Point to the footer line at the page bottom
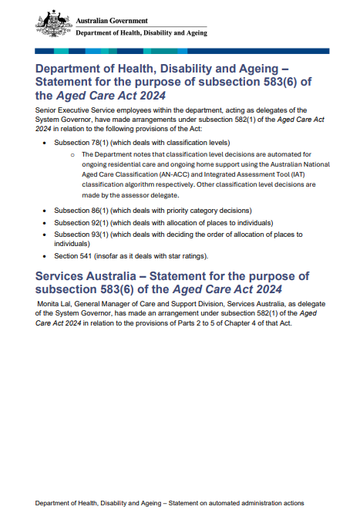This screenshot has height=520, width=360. [169, 502]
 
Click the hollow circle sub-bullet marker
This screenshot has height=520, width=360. [72, 155]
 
